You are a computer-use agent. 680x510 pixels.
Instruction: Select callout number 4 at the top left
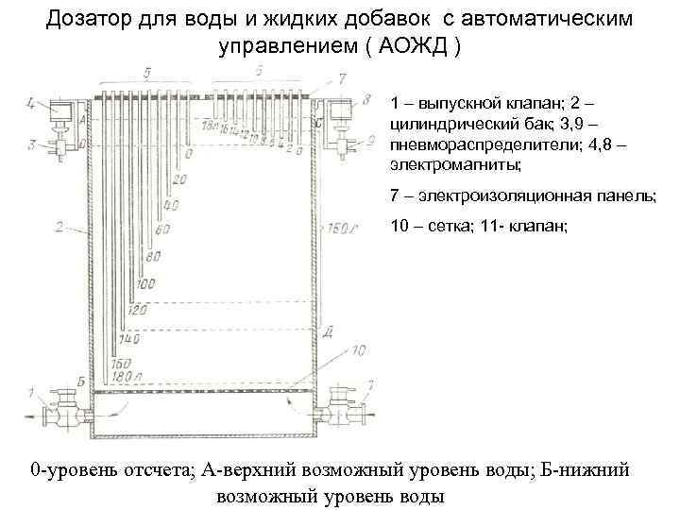32,103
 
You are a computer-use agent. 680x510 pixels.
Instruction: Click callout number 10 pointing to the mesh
358,350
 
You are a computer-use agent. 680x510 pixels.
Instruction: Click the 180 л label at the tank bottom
124,378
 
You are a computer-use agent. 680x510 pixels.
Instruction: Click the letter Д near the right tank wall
325,331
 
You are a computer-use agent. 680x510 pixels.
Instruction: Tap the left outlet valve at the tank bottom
64,407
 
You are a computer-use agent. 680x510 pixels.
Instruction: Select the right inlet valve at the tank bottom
340,407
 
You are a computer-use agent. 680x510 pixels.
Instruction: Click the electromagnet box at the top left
63,116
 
